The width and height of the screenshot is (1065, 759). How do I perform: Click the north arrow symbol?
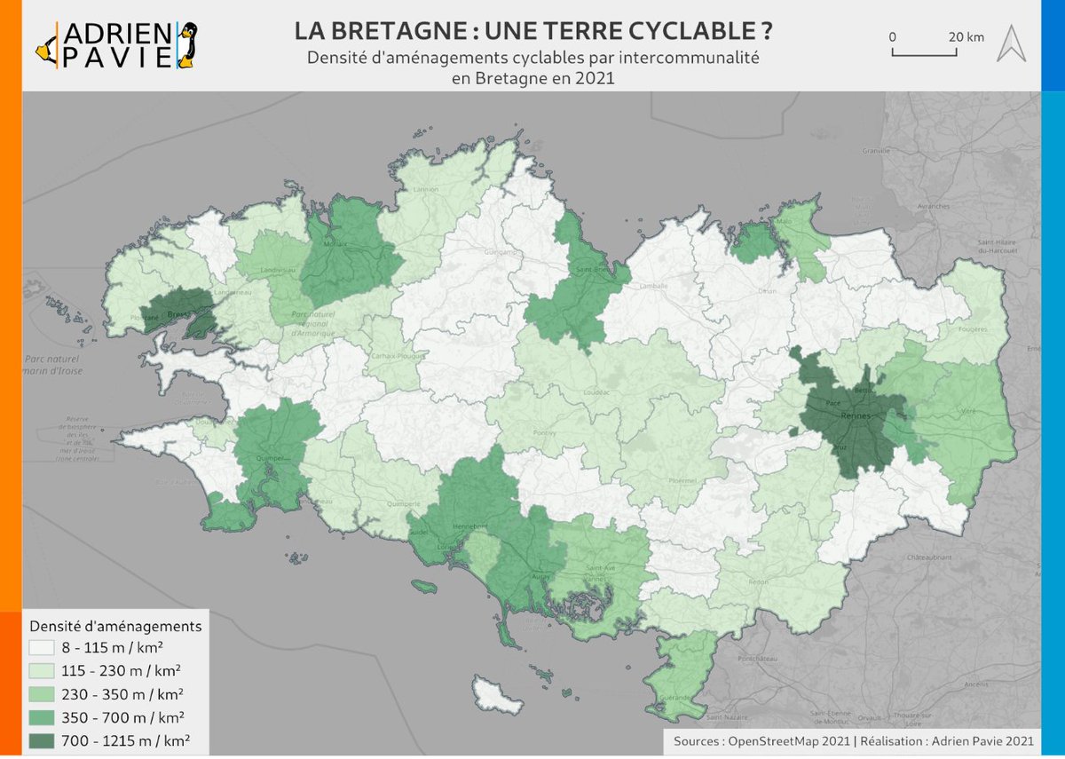[x=1010, y=43]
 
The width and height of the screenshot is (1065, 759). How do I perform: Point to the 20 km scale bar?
[x=924, y=52]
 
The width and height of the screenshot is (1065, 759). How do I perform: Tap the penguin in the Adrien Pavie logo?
[x=186, y=44]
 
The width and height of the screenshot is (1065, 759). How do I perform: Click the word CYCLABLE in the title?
[x=692, y=31]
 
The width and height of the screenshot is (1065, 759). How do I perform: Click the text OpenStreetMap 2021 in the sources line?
[x=786, y=741]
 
